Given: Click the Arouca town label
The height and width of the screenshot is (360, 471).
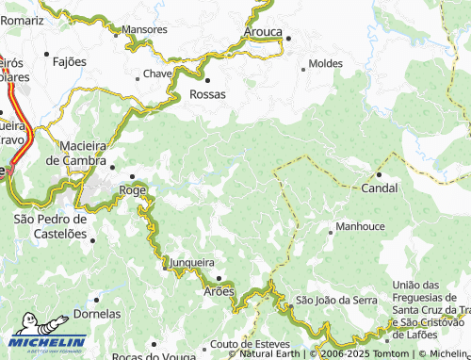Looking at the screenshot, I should pos(262,31).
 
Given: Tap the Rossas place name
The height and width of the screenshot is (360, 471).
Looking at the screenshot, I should pos(208,94).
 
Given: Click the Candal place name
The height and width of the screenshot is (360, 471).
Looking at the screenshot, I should pos(380,188).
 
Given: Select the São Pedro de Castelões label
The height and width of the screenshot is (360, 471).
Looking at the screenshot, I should pos(50,225).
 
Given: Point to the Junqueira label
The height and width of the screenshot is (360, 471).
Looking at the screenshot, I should pos(193,263).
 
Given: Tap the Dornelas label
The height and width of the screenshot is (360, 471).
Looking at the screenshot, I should pos(96,313).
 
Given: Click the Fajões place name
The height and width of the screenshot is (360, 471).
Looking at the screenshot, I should pos(70,61).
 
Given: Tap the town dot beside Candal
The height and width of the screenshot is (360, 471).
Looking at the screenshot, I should pos(379,174).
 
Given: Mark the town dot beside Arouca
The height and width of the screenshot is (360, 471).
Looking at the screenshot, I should pos(288,39).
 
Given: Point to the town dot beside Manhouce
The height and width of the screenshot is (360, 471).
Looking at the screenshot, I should pos(330,230).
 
